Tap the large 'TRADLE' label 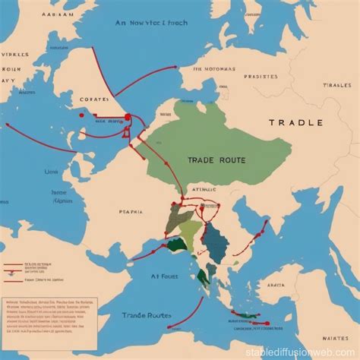tap(295, 123)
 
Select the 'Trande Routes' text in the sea tap(147, 315)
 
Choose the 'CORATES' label tap(94, 99)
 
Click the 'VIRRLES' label tap(14, 55)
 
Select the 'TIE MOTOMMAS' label tap(213, 68)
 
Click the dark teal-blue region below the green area tap(216, 242)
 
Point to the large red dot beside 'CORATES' tap(127, 117)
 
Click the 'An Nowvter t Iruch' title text tap(152, 24)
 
